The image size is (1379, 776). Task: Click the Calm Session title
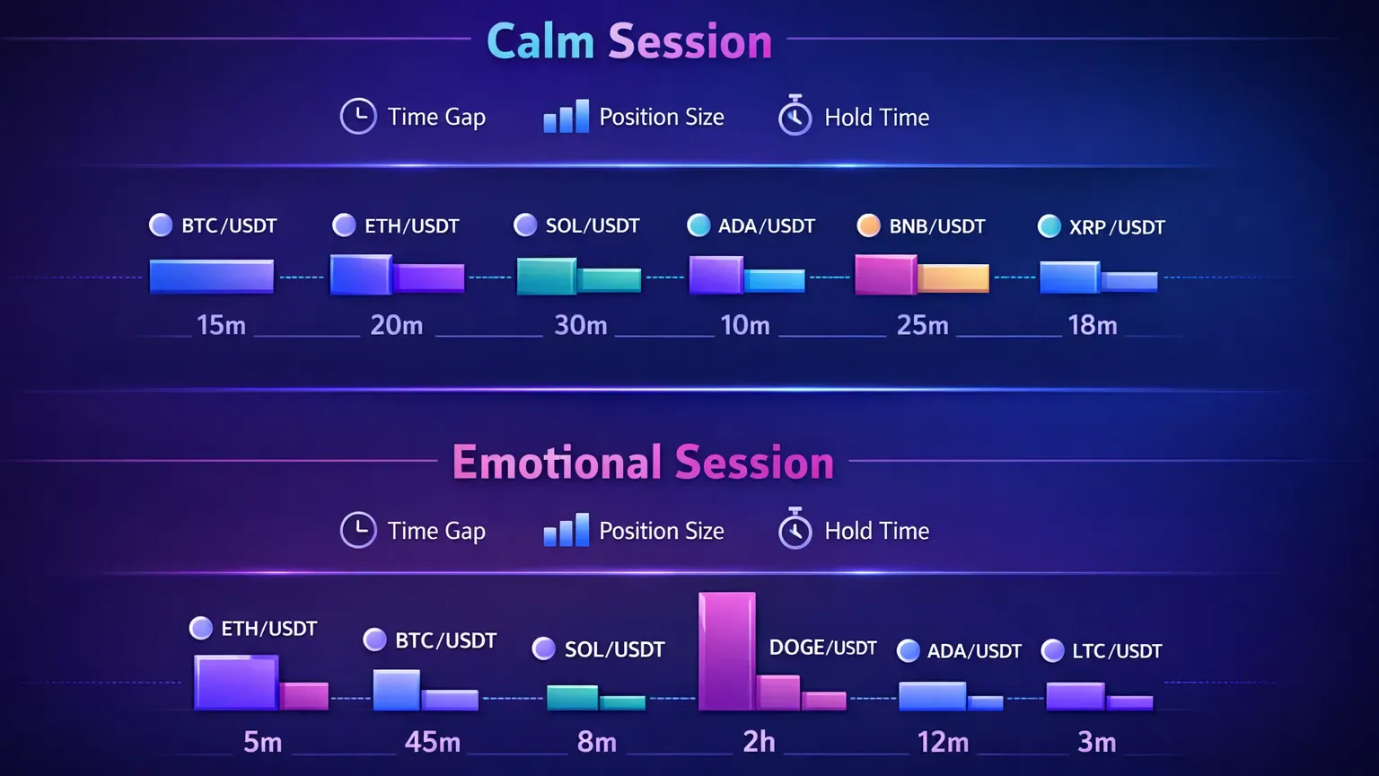pos(628,41)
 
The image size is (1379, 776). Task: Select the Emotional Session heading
pos(643,463)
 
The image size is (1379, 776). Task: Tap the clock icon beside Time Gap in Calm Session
pos(358,117)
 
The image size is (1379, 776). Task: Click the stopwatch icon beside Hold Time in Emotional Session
pos(795,530)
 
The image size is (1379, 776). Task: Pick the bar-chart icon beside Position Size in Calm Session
pos(566,117)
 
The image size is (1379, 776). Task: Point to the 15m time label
pos(221,325)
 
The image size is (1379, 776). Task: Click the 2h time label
pos(759,742)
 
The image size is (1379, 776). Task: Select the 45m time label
pos(432,742)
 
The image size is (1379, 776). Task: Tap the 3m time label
pos(1096,742)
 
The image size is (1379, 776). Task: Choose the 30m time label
pos(580,325)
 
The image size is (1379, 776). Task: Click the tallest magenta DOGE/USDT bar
pos(726,651)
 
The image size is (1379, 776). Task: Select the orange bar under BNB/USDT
pos(953,278)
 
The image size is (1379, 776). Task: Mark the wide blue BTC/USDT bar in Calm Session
pos(211,277)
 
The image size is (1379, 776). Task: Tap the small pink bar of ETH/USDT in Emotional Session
pos(304,696)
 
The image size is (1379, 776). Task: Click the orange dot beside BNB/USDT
pos(868,225)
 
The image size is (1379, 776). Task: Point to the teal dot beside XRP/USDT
pos(1049,226)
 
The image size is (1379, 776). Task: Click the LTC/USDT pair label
pos(1117,651)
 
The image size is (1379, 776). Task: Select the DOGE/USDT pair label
pos(822,648)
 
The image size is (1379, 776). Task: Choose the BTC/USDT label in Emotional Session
pos(445,640)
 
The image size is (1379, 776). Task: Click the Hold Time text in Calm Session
pos(876,118)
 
